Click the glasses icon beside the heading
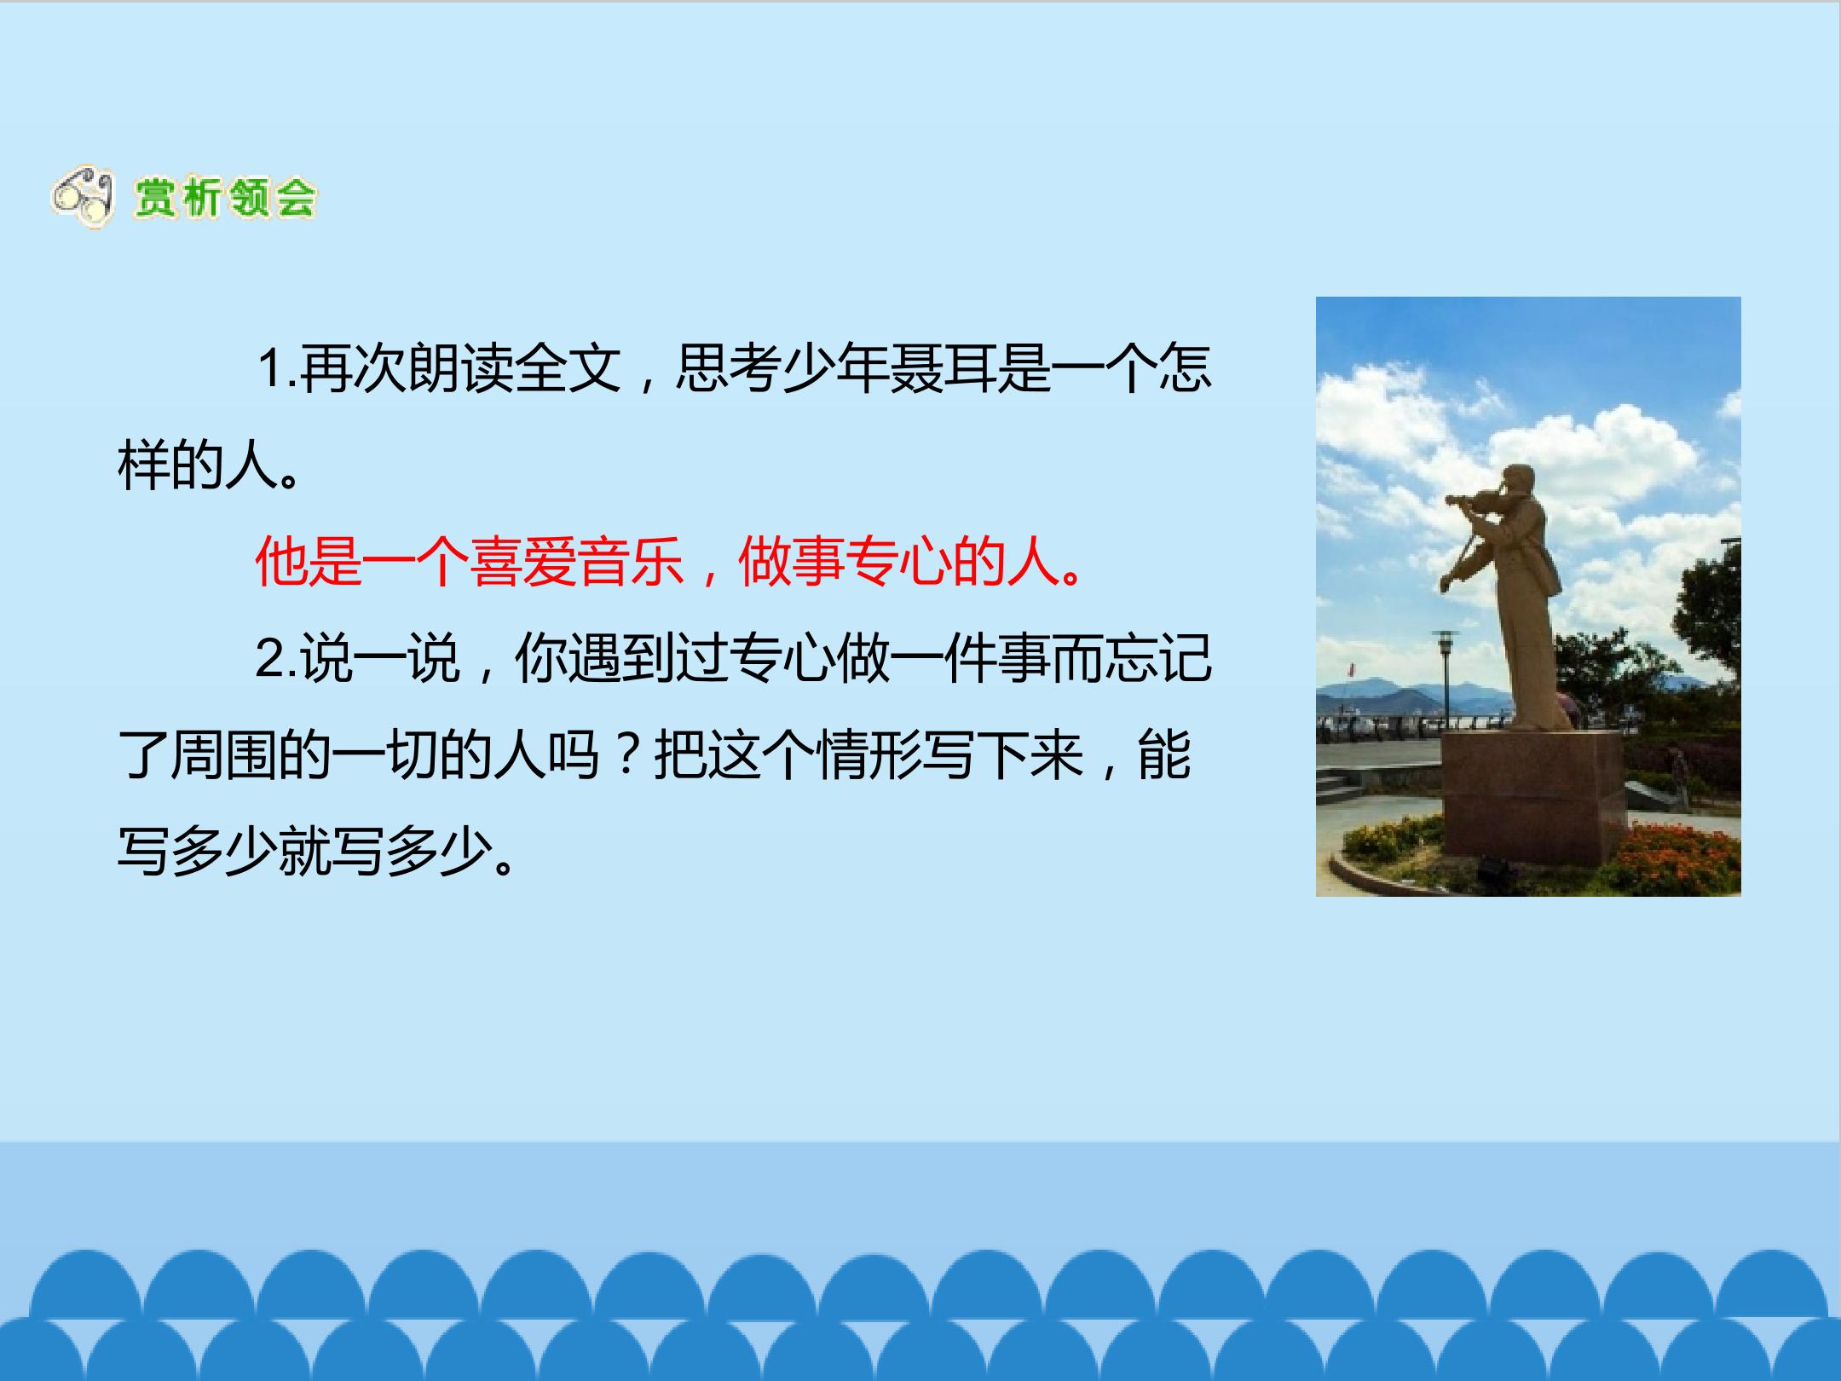83,198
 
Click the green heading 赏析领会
224,199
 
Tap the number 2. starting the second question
276,658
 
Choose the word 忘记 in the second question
1157,658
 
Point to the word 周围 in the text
223,755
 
